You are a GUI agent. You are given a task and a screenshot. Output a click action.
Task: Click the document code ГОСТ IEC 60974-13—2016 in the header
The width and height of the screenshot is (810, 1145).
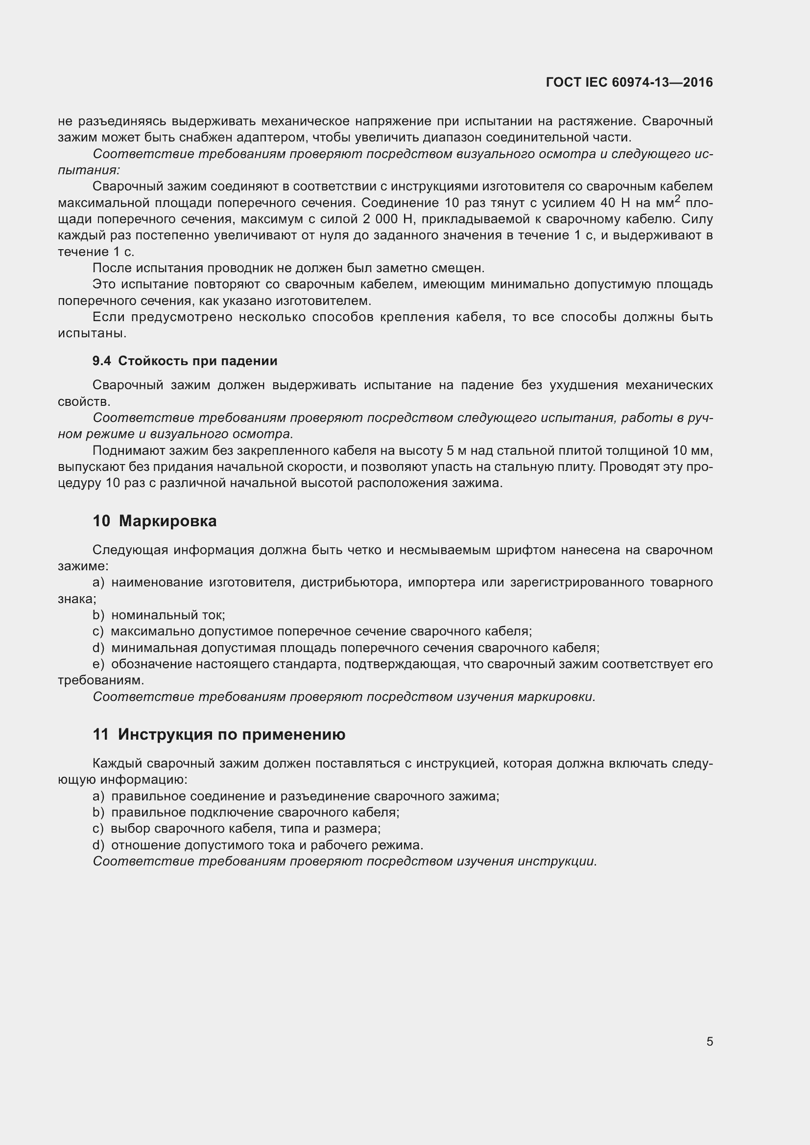point(629,82)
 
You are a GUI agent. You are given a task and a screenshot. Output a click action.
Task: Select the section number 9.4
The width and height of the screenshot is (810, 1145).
point(102,361)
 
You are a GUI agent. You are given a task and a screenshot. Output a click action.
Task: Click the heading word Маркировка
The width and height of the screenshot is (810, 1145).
point(167,521)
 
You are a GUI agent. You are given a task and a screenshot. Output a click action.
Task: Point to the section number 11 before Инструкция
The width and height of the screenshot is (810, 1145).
point(100,735)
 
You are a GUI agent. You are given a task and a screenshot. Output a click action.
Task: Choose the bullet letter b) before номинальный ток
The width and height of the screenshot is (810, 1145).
point(98,615)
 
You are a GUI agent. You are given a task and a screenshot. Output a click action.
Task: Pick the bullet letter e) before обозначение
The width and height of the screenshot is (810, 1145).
point(98,664)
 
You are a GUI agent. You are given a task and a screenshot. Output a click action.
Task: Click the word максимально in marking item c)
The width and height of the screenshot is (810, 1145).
point(152,631)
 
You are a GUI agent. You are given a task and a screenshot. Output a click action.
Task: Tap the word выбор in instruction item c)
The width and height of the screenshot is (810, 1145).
point(130,829)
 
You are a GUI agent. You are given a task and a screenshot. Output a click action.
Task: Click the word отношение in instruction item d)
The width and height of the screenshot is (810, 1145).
point(145,845)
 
